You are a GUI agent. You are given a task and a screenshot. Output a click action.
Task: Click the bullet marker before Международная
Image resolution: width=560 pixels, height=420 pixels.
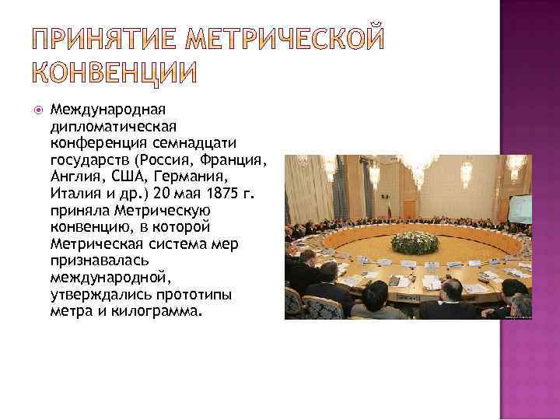(40, 111)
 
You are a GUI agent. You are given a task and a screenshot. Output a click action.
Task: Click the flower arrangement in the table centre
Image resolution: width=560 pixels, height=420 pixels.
(415, 242)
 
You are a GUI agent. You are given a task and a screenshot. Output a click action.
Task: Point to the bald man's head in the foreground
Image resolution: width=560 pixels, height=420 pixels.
(450, 289)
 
